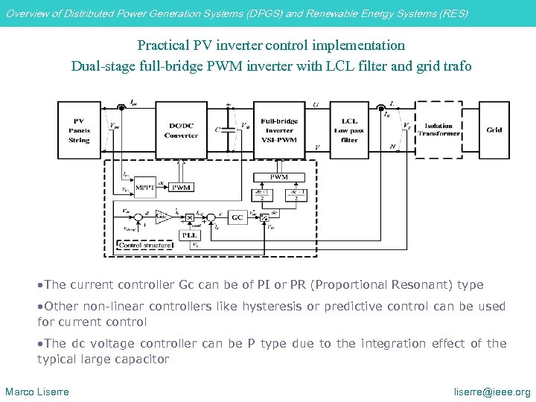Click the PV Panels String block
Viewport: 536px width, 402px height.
[79, 130]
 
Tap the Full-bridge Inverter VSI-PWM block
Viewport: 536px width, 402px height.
[279, 130]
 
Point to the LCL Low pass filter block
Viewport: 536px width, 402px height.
[350, 130]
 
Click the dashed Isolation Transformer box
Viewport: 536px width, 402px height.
[439, 130]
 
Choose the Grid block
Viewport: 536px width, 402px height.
[494, 130]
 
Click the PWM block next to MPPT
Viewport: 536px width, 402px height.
[182, 188]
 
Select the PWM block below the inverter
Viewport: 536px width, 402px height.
[279, 177]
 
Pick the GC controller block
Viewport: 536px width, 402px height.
[237, 217]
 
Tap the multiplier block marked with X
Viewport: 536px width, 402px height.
[190, 217]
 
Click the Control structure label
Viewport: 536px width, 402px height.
[145, 245]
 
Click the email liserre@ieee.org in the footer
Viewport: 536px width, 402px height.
[492, 392]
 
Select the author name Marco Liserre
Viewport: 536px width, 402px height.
[37, 392]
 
